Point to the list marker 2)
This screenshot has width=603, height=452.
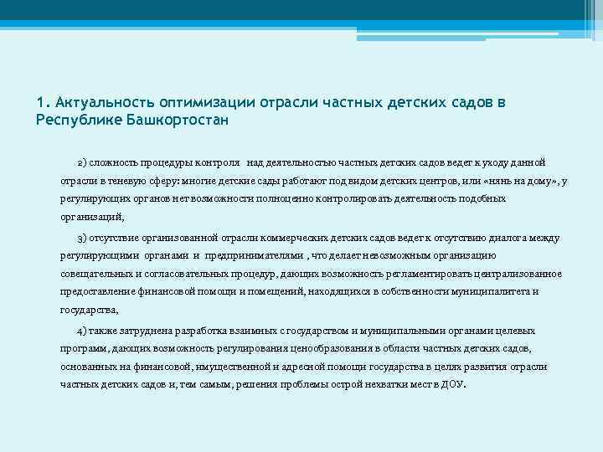[x=83, y=161]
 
